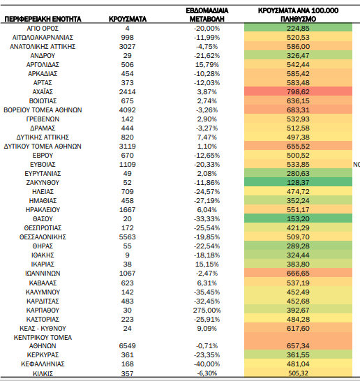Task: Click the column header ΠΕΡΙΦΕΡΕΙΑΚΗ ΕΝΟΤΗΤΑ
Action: (43, 19)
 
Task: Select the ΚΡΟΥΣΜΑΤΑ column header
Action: (128, 19)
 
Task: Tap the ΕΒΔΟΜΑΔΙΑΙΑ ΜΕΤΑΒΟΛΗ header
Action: (207, 15)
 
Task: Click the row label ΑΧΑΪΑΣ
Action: (43, 92)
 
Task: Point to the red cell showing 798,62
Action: (298, 92)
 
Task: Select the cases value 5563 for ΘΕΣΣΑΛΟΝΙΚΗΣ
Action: (127, 237)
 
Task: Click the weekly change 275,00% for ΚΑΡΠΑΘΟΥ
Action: (207, 311)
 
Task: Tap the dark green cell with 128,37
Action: (298, 183)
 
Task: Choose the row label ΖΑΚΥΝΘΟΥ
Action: (43, 183)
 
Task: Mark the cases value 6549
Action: (127, 346)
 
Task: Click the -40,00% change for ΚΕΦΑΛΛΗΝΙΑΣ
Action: (207, 364)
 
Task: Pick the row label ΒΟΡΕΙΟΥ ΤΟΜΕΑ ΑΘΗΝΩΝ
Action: (43, 110)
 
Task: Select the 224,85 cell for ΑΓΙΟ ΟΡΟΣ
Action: (298, 28)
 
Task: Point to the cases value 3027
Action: (127, 47)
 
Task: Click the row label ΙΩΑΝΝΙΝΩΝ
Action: (43, 274)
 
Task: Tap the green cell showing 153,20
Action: (298, 218)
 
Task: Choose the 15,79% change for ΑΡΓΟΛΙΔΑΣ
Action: (207, 65)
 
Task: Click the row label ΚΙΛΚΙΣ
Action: (43, 373)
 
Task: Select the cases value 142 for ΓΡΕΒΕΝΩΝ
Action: (127, 119)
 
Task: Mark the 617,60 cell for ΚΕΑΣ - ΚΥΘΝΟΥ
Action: (298, 329)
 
